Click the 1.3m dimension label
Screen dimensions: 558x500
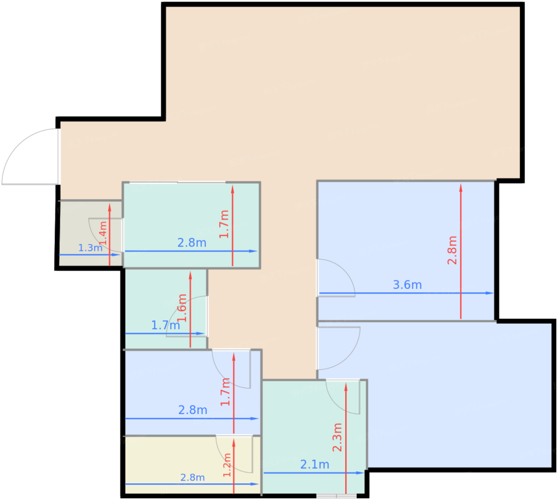point(90,248)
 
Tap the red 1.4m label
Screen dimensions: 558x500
point(103,233)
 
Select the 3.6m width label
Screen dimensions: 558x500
point(407,285)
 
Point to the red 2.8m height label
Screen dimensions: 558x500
point(452,250)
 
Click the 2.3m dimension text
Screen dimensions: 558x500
point(337,437)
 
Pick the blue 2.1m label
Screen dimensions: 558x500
point(314,465)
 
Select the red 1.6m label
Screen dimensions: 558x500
point(182,308)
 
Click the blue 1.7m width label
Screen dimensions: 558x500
point(165,325)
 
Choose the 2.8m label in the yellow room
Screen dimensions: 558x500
point(193,477)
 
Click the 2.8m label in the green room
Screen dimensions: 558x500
point(192,243)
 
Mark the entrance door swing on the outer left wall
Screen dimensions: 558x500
point(30,156)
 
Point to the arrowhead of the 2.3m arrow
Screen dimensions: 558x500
point(346,387)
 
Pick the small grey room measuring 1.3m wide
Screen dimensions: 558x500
point(90,233)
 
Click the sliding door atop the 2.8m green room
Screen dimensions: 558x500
point(177,182)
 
